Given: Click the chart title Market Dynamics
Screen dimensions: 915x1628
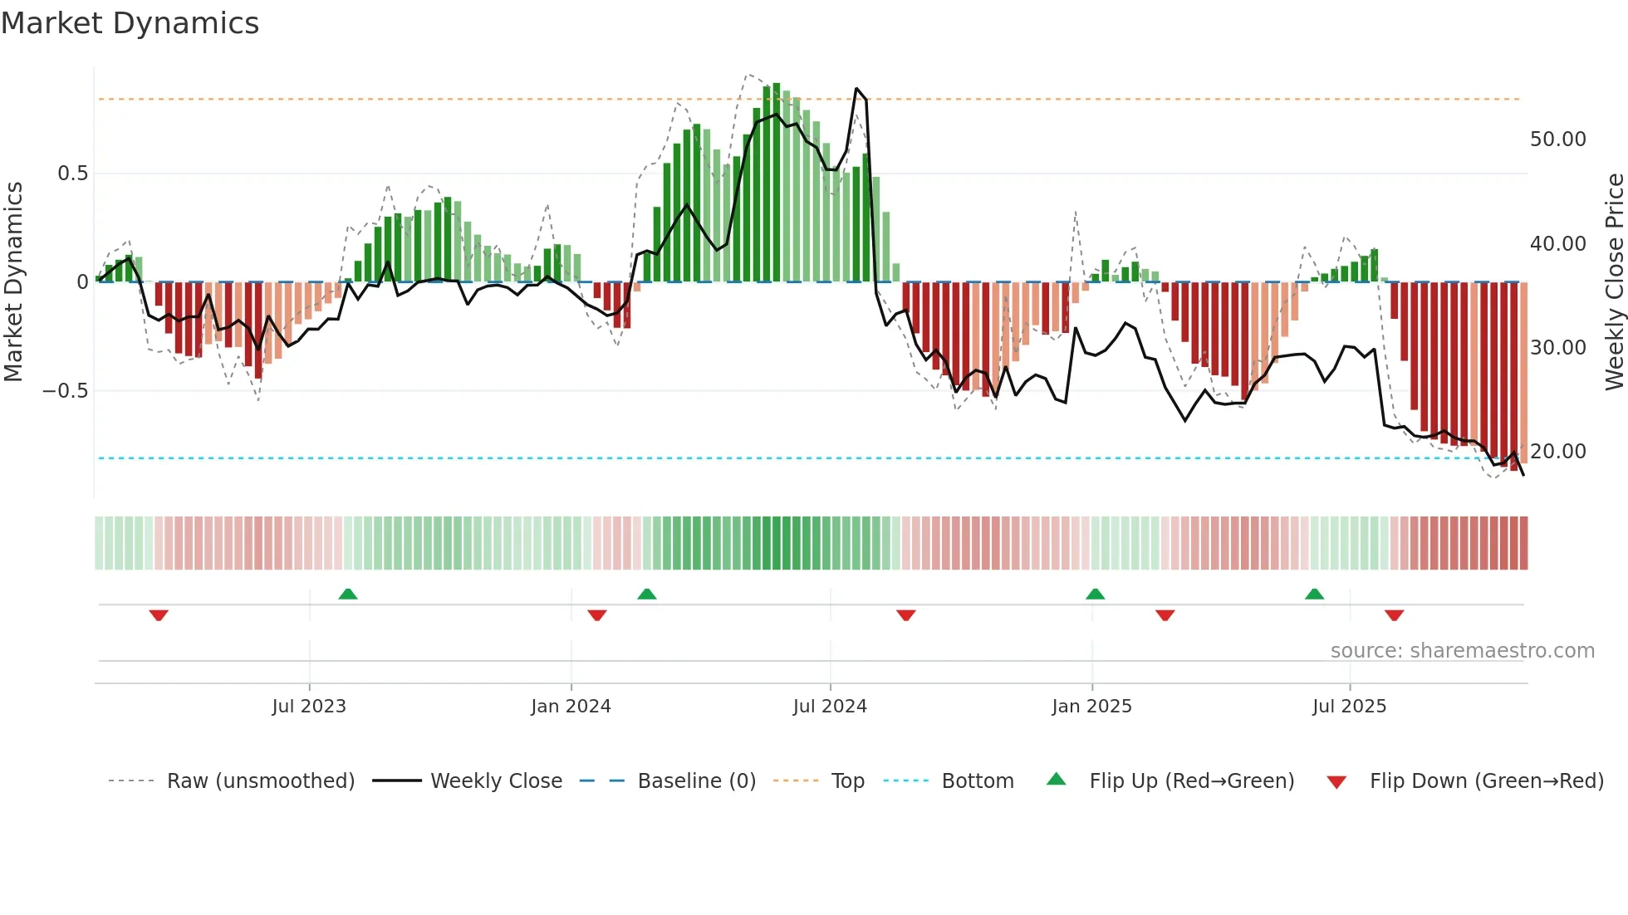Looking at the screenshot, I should pyautogui.click(x=130, y=23).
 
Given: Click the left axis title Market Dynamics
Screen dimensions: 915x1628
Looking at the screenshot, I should pyautogui.click(x=13, y=282).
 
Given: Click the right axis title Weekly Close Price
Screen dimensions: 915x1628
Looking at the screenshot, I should pyautogui.click(x=1614, y=282).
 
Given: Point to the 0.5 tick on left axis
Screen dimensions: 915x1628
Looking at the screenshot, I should pyautogui.click(x=73, y=174).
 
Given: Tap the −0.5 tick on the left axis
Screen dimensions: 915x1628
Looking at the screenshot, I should pyautogui.click(x=66, y=390).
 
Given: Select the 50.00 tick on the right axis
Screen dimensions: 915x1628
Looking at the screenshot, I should pyautogui.click(x=1557, y=139).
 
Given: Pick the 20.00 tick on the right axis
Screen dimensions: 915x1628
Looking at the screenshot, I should pyautogui.click(x=1557, y=452).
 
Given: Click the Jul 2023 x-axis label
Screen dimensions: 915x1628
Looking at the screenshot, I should pyautogui.click(x=309, y=707).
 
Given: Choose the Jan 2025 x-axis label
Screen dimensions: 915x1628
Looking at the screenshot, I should pyautogui.click(x=1091, y=707).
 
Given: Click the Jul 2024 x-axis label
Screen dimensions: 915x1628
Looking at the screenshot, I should pyautogui.click(x=830, y=707).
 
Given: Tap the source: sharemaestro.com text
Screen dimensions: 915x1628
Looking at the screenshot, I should pyautogui.click(x=1462, y=651).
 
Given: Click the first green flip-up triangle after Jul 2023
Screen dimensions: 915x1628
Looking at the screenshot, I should pyautogui.click(x=348, y=594).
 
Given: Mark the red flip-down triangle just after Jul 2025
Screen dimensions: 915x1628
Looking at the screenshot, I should pyautogui.click(x=1394, y=615).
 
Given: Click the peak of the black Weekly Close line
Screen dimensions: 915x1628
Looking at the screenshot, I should pyautogui.click(x=856, y=88).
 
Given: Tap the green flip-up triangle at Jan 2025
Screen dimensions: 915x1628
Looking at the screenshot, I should pyautogui.click(x=1095, y=594).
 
